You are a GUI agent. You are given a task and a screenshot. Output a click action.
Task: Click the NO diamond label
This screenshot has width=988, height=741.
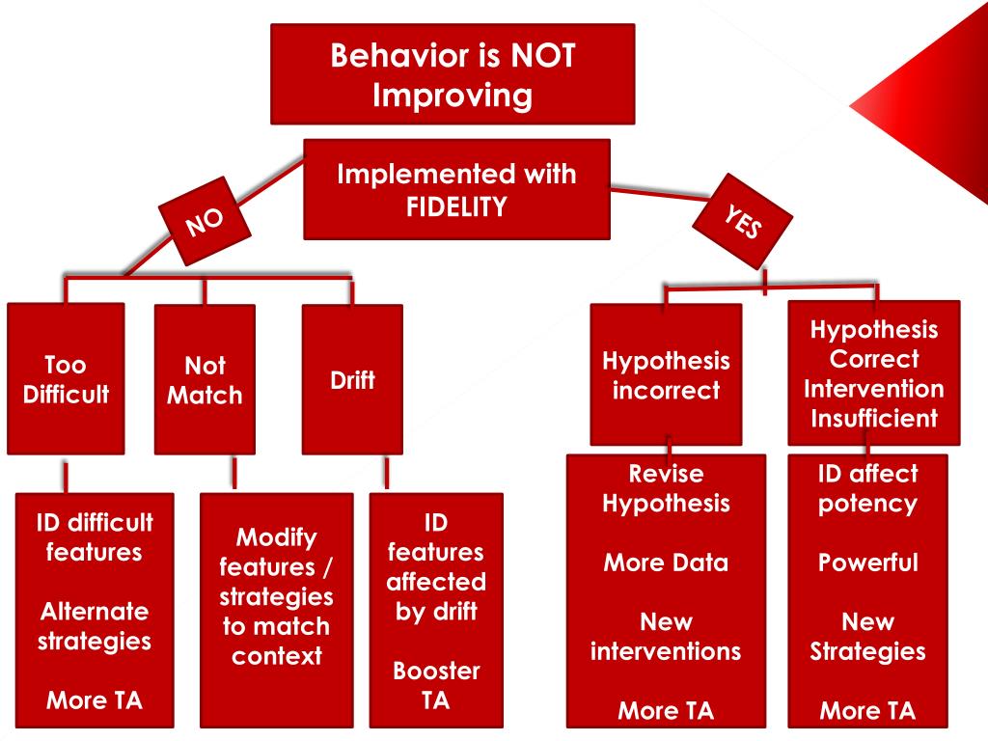pos(205,221)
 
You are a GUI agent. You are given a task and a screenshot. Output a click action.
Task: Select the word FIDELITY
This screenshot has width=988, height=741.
pos(456,206)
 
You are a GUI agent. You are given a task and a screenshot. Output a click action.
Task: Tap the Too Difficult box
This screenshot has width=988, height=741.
pos(66,379)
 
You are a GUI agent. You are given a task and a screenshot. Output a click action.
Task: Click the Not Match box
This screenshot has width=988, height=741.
pos(205,379)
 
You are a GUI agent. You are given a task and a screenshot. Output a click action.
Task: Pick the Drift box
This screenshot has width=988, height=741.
pos(352,379)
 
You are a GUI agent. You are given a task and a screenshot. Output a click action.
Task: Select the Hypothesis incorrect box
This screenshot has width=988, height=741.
pos(666,375)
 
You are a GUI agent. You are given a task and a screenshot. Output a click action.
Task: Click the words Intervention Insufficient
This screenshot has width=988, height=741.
pos(873,403)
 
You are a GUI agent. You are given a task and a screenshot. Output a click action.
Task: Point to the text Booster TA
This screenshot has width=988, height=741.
pos(436,685)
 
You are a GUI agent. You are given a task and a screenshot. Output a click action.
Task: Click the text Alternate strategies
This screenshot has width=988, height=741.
pos(95,626)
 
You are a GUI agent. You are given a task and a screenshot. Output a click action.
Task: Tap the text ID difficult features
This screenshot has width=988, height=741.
pos(95,537)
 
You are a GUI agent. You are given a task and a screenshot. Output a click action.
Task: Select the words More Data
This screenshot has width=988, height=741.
pos(666,563)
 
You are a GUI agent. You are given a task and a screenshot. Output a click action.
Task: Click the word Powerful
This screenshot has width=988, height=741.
pos(867,563)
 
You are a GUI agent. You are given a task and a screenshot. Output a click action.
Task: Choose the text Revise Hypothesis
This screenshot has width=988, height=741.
pos(666,488)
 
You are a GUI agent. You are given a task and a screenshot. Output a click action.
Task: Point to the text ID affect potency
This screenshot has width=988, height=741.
pos(867,488)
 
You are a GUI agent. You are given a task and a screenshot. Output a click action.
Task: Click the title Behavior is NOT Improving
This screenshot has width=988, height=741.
pos(453,75)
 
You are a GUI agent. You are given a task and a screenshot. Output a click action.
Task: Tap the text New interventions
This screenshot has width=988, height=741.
pos(666,637)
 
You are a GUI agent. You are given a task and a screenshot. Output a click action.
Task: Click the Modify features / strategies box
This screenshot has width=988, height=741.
pos(276,596)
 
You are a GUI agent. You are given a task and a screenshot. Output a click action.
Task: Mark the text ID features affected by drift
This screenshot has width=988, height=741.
pos(436,567)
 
